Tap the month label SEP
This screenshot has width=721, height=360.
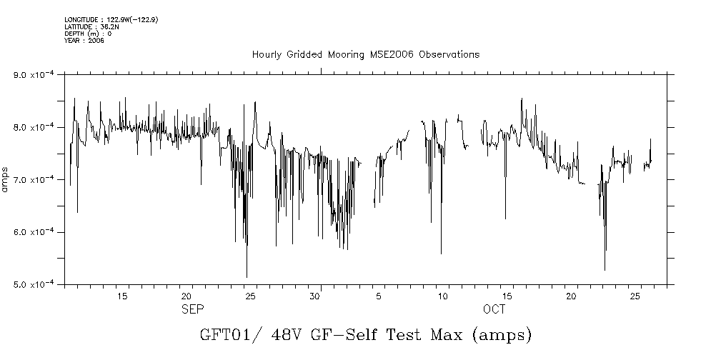[193, 309]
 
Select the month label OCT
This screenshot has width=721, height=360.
[494, 309]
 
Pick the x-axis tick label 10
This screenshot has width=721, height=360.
[443, 296]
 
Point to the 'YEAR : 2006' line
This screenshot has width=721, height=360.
[84, 41]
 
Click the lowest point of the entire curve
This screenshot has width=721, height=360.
[247, 277]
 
